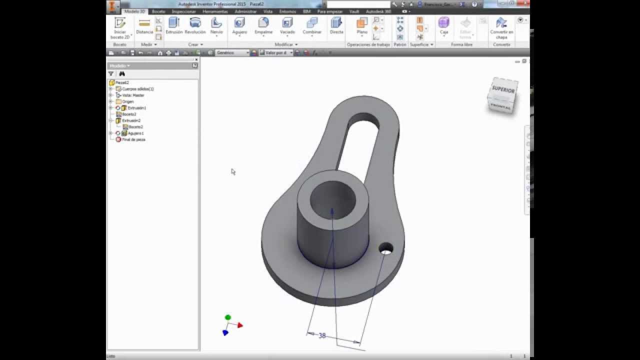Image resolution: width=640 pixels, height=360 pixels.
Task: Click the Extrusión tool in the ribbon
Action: (174, 25)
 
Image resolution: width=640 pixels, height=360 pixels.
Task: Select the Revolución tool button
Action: (195, 25)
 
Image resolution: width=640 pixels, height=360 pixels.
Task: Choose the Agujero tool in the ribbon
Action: (239, 25)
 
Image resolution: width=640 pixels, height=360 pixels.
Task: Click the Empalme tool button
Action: (263, 25)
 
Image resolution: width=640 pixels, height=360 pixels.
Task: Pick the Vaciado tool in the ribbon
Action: (287, 25)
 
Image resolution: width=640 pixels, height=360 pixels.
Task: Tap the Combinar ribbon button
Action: (312, 25)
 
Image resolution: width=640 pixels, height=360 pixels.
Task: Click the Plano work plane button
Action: (362, 25)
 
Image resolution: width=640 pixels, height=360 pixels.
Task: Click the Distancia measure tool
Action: (144, 26)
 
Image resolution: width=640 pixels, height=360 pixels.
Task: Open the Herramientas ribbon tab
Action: (215, 11)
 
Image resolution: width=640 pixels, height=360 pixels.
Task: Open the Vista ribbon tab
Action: (268, 11)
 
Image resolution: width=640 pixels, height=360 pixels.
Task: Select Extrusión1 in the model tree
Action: (136, 108)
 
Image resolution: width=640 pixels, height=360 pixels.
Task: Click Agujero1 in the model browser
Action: (135, 133)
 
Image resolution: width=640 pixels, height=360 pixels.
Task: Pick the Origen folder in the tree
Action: (127, 101)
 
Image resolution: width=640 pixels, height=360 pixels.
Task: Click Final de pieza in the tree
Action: (133, 140)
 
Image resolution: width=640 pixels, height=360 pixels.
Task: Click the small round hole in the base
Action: (386, 248)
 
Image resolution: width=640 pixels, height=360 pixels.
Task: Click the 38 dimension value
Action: (322, 336)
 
